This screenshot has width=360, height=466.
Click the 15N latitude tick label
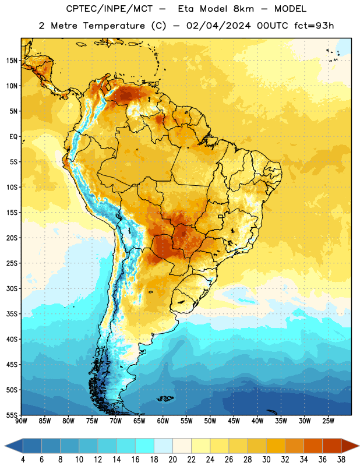(x=12, y=61)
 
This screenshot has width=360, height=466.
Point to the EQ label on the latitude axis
(x=13, y=137)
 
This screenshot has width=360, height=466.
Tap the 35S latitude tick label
(x=12, y=314)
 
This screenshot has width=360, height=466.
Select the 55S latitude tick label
(x=12, y=415)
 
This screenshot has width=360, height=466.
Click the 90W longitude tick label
(x=22, y=421)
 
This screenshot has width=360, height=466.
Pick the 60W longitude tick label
(x=163, y=421)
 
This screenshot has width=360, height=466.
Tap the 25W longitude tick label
(x=328, y=421)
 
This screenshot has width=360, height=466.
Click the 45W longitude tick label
(x=234, y=421)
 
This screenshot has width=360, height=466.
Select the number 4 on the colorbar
(x=23, y=460)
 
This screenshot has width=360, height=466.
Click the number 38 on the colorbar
(x=341, y=460)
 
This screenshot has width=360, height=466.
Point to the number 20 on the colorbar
(x=172, y=460)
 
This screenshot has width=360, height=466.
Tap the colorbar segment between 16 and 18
(x=145, y=446)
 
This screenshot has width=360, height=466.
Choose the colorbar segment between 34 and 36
(x=313, y=446)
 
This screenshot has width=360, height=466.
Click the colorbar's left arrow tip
(x=5, y=446)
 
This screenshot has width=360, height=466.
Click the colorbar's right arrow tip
(x=359, y=446)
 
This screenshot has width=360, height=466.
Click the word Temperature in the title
(x=114, y=26)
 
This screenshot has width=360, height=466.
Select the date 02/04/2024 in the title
(x=218, y=26)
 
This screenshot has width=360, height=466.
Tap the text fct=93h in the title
(x=314, y=26)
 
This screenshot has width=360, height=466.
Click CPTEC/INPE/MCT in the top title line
(x=110, y=9)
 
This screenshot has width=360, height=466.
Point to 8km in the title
(x=243, y=9)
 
